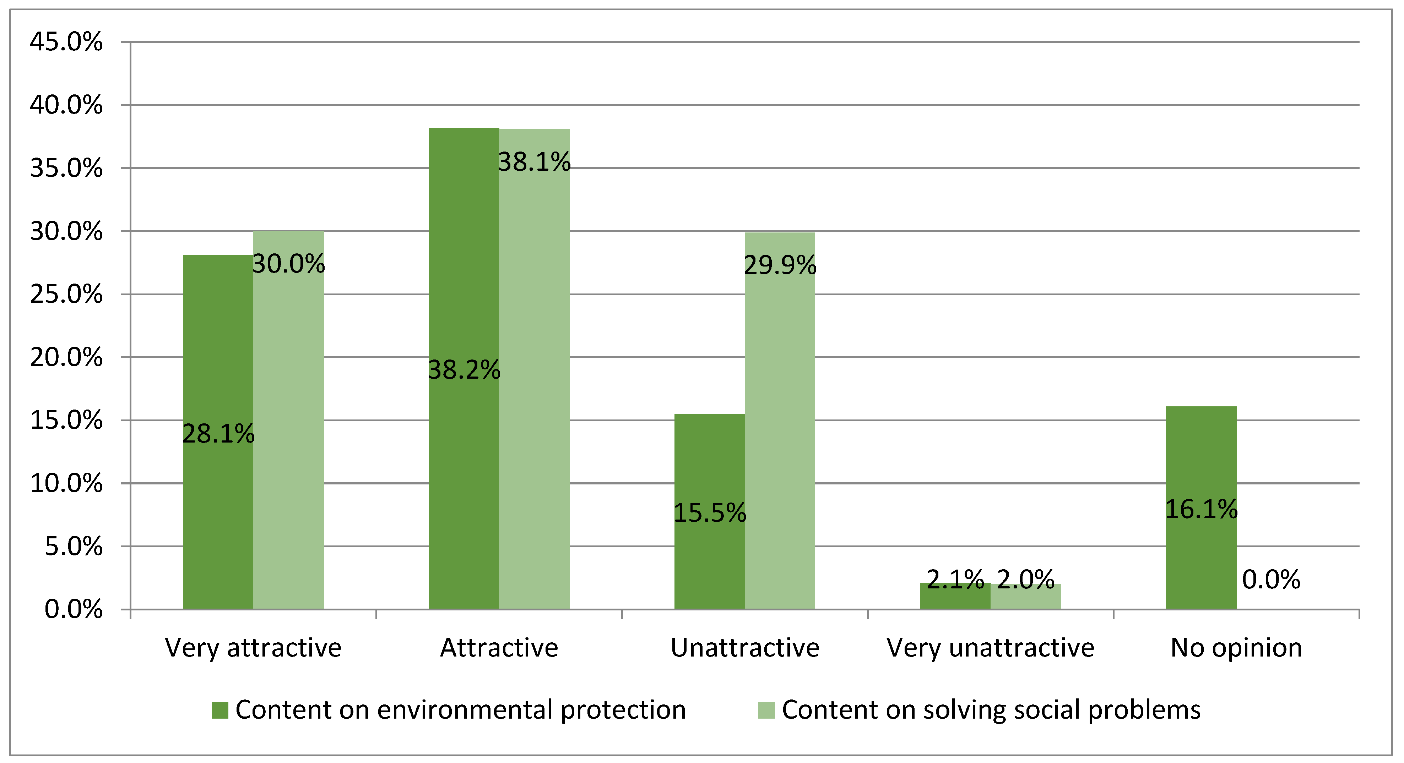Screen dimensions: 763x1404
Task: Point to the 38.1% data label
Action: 534,162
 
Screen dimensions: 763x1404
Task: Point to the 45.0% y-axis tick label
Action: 66,42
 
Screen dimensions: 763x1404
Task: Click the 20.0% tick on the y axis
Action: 66,358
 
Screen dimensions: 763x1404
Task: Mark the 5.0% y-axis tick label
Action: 73,546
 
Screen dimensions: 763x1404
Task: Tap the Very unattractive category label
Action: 990,648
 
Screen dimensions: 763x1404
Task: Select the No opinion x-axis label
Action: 1236,648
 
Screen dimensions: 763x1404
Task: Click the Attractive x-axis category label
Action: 499,648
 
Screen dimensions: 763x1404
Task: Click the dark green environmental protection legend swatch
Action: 219,710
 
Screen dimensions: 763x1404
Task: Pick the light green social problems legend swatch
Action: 766,710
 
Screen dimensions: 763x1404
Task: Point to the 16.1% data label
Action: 1201,510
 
